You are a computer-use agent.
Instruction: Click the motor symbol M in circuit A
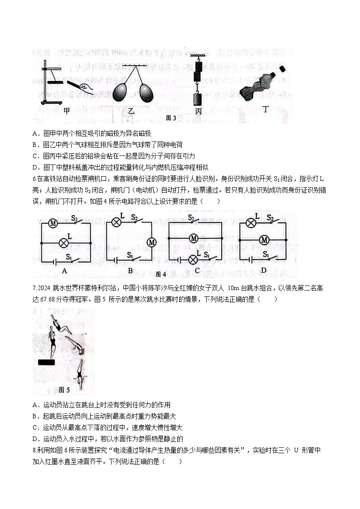coord(53,223)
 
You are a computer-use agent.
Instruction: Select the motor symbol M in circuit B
coord(151,242)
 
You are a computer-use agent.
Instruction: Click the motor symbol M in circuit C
coord(194,238)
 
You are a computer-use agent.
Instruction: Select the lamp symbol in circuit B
coord(117,222)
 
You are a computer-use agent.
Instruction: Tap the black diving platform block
coord(47,362)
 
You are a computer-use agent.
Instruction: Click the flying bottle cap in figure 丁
coord(282,68)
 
